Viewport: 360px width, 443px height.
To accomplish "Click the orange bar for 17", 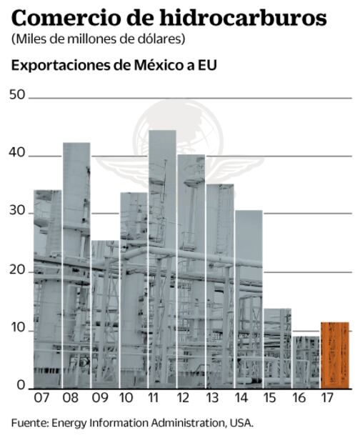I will (335, 355).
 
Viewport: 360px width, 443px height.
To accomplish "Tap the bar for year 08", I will (76, 265).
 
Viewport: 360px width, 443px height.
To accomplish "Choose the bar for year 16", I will (306, 362).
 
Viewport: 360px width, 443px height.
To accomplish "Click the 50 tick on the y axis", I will (17, 95).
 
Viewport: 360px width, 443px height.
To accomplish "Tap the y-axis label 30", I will (17, 212).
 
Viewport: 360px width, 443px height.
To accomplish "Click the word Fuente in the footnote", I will (29, 422).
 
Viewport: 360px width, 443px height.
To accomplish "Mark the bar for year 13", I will (220, 286).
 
